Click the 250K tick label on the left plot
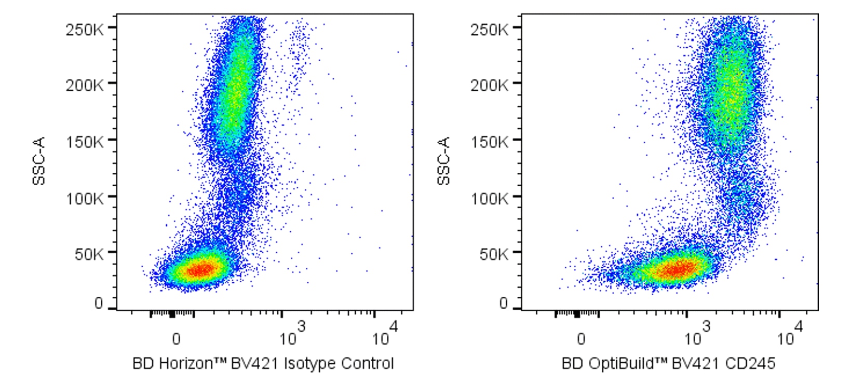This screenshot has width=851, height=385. pos(85,29)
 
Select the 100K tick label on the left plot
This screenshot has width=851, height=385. pos(85,198)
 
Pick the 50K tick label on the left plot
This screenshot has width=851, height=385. pos(88,254)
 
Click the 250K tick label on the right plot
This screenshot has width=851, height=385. pos(490,29)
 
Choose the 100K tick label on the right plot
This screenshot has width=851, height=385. pos(490,198)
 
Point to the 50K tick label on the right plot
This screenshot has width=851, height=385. pos(493,254)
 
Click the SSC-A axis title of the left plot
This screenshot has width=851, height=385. pos(39,161)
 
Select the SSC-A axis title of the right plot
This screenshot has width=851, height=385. pos(444,161)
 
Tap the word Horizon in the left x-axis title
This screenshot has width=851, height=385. pos(186,364)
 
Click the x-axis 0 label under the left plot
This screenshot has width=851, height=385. pos(176,339)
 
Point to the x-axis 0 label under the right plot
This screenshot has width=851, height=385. pos(581,339)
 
